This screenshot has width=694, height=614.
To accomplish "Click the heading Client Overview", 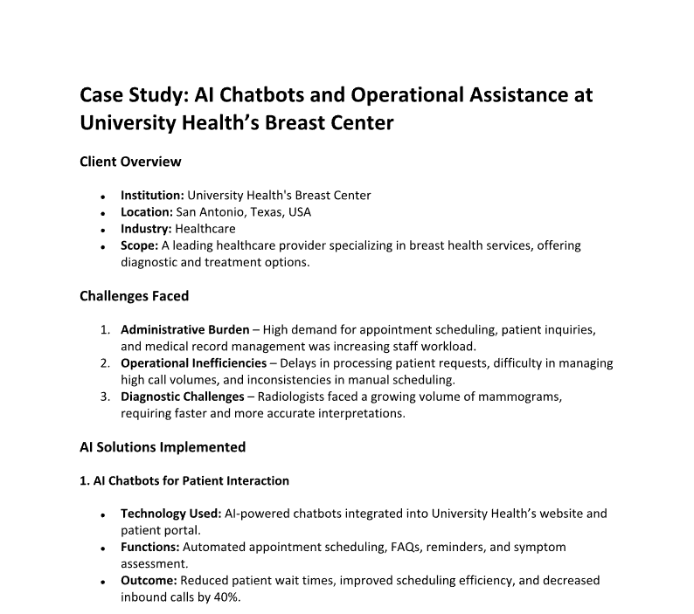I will (130, 162).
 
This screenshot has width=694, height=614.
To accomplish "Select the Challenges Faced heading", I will (134, 296).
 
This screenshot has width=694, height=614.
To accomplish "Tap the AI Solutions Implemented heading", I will (163, 447).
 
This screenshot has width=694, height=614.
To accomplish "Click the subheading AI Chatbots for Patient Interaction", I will (184, 480).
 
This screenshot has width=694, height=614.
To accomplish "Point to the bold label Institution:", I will (152, 196).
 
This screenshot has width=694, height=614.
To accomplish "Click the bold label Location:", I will (146, 212).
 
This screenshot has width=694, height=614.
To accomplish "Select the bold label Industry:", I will (146, 229).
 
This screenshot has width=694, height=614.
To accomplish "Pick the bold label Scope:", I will (139, 245).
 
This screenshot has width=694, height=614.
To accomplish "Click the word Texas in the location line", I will (253, 212).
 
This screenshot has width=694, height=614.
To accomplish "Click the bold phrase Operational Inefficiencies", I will (193, 362).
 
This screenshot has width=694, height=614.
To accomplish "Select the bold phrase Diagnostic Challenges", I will (182, 397).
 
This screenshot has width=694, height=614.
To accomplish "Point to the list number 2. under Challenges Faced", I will (105, 362).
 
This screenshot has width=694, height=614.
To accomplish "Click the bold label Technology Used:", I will (170, 514).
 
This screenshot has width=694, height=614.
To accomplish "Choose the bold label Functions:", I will (149, 547).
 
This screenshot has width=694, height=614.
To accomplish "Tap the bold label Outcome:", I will (147, 580).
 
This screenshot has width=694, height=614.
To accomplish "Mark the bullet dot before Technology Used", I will (104, 514).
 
